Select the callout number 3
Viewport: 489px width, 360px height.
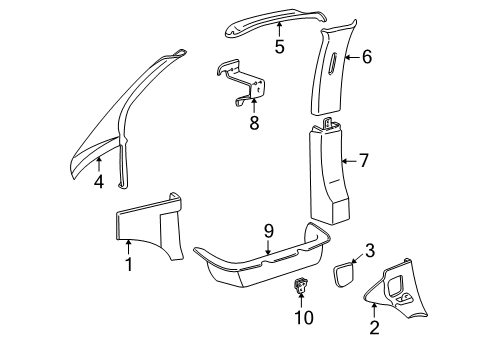pos(370,250)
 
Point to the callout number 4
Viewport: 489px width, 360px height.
pos(99,183)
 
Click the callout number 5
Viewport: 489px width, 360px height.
pos(279,45)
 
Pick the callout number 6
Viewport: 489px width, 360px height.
pos(366,58)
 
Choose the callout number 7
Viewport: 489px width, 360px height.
pos(364,160)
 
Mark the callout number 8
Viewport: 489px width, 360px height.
pos(253,124)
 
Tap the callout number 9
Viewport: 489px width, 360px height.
pos(268,258)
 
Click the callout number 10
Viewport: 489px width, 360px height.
pos(304,318)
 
